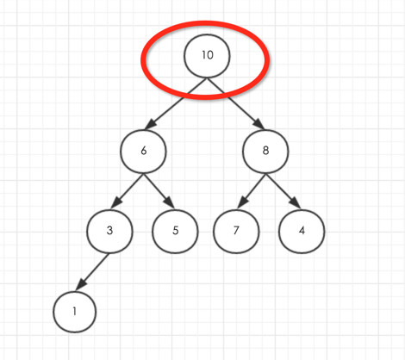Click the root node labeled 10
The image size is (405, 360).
207,56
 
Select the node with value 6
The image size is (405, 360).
143,152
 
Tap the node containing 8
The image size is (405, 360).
265,152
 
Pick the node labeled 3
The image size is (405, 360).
109,232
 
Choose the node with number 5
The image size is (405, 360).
175,232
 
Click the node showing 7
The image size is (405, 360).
236,232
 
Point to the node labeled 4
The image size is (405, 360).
302,232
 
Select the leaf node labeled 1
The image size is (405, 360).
75,312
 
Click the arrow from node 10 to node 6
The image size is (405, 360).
175,103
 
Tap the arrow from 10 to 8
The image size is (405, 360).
235,103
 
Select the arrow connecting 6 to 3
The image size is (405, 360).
127,190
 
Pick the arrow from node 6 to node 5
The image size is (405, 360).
159,190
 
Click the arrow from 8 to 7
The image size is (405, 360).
252,190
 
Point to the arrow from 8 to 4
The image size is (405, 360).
283,190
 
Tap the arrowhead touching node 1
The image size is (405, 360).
80,284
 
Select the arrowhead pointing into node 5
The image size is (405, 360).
170,202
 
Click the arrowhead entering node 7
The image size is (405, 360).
243,202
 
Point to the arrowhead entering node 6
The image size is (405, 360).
150,125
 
